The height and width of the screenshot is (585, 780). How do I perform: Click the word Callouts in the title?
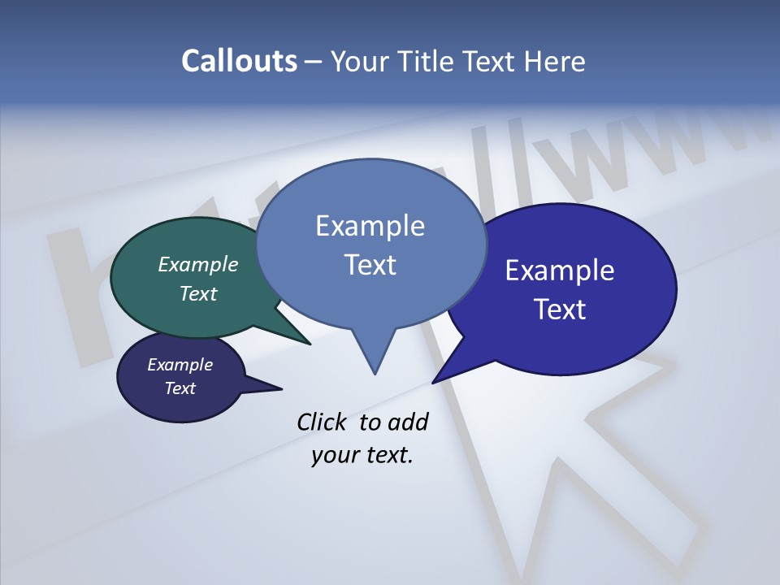239,61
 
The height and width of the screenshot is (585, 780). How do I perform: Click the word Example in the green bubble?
198,264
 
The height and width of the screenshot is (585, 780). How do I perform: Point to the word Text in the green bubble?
198,293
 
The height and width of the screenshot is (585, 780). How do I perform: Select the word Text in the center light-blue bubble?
370,264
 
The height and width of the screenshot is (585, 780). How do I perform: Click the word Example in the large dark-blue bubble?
560,271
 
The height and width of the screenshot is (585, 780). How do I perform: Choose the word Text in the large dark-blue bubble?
560,310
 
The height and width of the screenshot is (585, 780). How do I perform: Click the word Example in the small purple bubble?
180,365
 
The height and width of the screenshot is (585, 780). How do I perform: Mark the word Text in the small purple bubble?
180,388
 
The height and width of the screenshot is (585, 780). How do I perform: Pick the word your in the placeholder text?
334,455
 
